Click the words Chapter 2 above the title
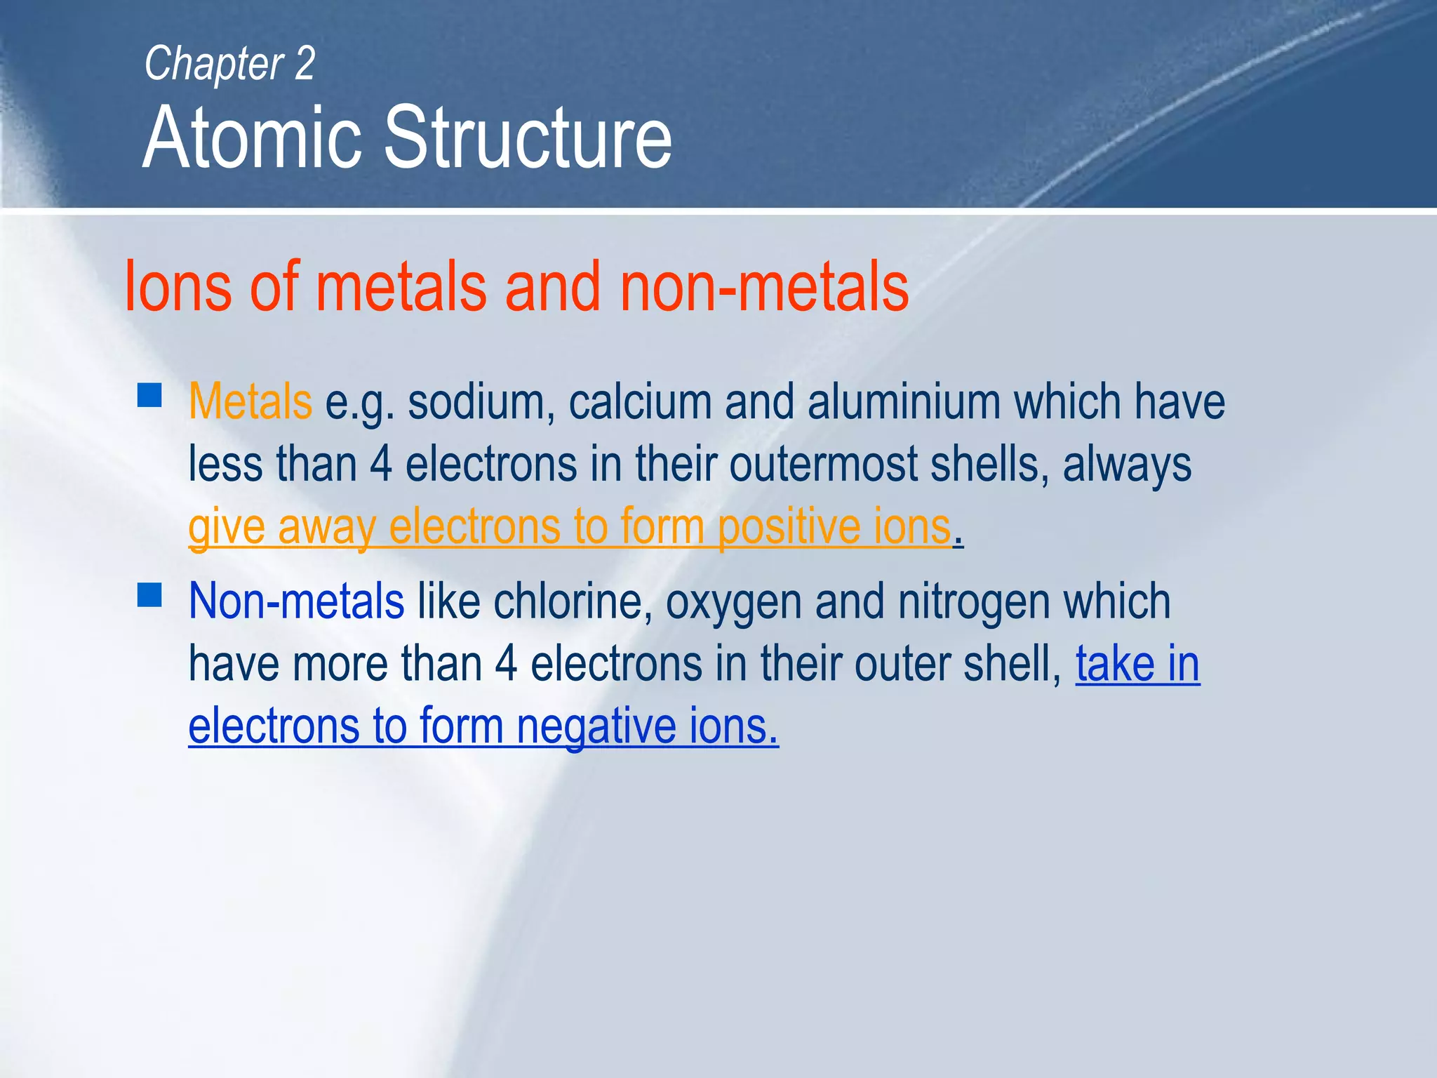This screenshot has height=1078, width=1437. pyautogui.click(x=229, y=64)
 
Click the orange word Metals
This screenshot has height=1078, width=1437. pyautogui.click(x=250, y=401)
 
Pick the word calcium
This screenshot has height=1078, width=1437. pyautogui.click(x=640, y=401)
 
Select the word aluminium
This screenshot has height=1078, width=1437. pyautogui.click(x=904, y=401)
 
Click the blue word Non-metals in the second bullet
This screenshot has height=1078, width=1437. pyautogui.click(x=296, y=601)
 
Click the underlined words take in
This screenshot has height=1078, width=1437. pyautogui.click(x=1137, y=664)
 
